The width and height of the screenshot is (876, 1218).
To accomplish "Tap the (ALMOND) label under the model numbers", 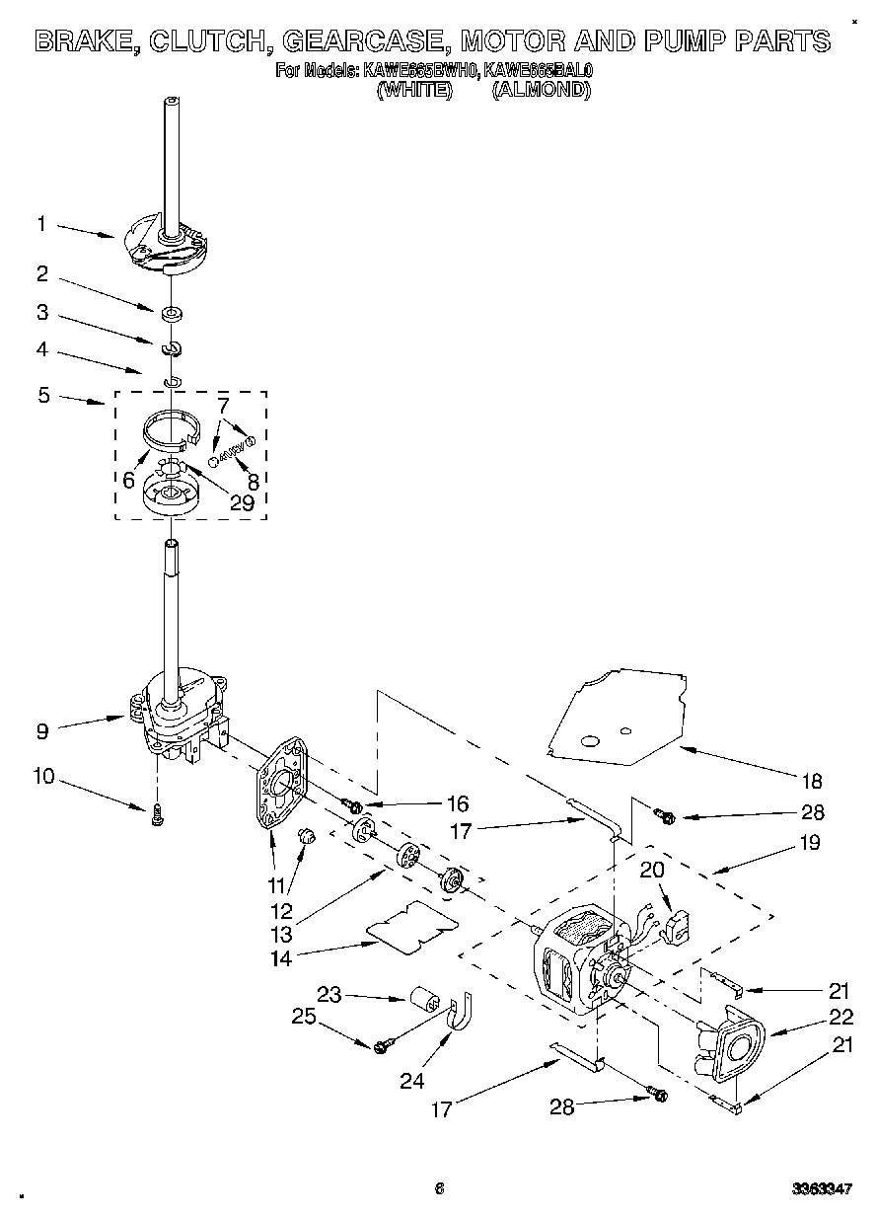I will point(541,90).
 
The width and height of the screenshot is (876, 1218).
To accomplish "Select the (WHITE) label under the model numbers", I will point(414,90).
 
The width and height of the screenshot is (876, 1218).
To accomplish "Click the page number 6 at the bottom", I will point(439,1188).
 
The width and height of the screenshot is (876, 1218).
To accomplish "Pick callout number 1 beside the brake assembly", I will point(41,224).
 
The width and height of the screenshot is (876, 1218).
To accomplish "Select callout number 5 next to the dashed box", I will point(42,396).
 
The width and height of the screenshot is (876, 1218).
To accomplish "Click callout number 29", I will point(242,503).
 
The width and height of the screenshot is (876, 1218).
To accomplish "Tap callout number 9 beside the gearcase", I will point(41,731).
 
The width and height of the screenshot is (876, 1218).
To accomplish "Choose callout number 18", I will point(810,782).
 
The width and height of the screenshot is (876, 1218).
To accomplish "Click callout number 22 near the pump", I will point(839,1018).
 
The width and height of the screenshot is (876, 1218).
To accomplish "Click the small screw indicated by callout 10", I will point(158,815).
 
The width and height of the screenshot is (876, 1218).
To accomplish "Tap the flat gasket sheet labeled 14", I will point(412,927).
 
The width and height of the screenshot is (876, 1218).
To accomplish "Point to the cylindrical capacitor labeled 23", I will point(426,998).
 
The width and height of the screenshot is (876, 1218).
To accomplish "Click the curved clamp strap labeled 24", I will point(459,1016).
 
